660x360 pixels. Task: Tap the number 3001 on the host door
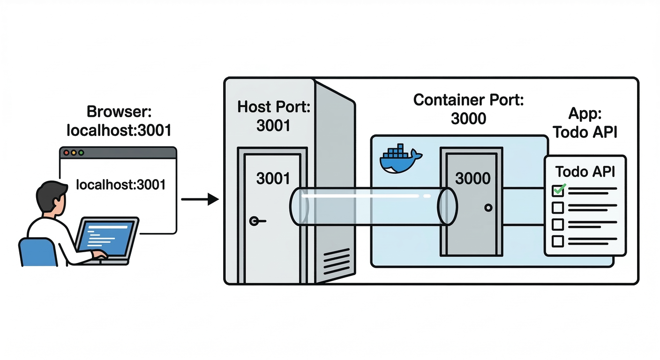(273, 178)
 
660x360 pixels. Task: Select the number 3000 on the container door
(472, 178)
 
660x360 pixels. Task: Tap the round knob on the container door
(489, 208)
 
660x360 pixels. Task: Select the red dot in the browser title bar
(66, 153)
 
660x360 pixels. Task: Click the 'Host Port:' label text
(274, 106)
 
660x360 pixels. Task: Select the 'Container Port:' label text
(468, 99)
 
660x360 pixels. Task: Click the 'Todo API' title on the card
(585, 172)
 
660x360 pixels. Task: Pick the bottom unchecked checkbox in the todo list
(558, 241)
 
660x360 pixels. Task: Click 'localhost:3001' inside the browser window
(120, 185)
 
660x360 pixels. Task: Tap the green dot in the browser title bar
(81, 153)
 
